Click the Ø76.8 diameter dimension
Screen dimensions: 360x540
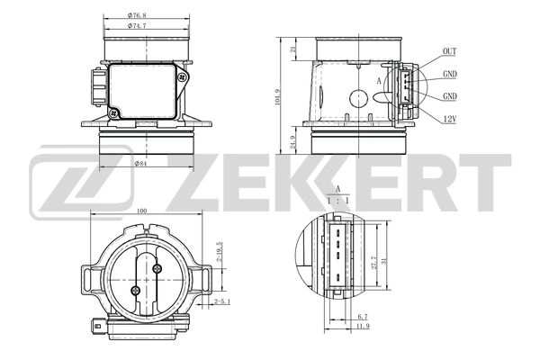pos(136,16)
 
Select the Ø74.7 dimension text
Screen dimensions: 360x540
pos(136,27)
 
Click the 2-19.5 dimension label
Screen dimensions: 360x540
pos(219,250)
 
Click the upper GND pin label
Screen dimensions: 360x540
pos(450,75)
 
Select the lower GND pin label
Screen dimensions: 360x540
pos(450,96)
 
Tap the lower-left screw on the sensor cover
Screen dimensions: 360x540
pos(113,112)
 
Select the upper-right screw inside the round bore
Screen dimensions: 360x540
pos(157,267)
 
